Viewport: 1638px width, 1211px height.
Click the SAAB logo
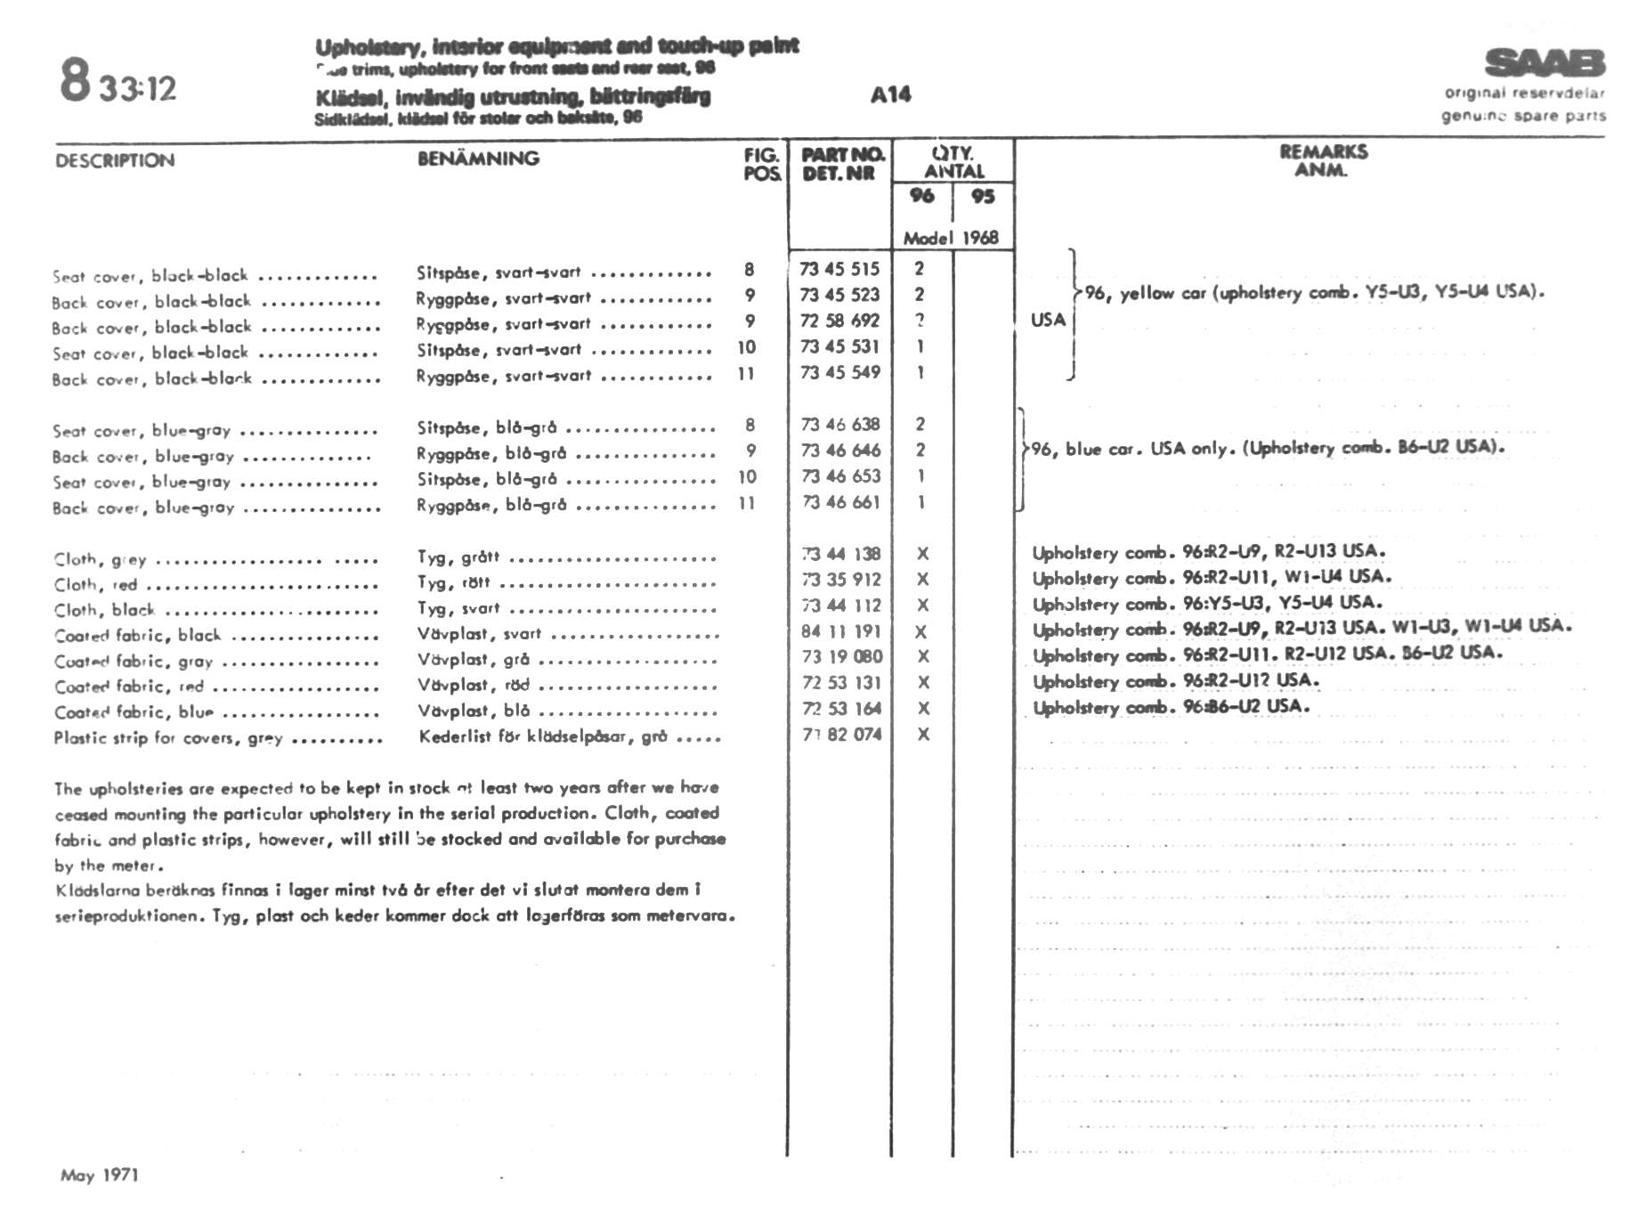1545,63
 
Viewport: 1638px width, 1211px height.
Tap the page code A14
890,94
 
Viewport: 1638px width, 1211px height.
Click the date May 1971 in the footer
100,1175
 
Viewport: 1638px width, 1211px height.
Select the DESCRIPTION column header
115,161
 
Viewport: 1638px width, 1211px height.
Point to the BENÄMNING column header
478,159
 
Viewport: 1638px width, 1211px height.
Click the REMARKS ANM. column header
1323,160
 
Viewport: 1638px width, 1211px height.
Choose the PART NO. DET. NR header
841,164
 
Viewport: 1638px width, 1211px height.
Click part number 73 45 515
839,269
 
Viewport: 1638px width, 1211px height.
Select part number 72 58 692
839,321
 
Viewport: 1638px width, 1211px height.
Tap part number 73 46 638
839,425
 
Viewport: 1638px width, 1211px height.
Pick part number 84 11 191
840,631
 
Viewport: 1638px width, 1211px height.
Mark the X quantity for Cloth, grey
922,554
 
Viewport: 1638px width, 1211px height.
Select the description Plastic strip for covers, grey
168,738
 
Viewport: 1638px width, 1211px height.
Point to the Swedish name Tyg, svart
458,609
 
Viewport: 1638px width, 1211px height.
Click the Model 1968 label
951,238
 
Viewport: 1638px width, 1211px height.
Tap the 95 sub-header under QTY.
983,196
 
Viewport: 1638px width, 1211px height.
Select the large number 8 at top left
76,79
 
